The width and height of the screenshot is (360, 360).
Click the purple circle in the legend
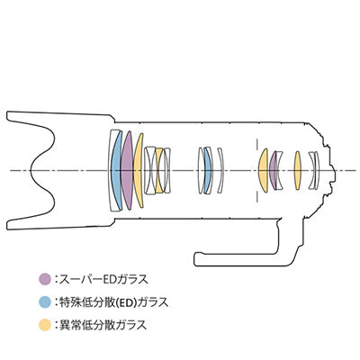pos(45,279)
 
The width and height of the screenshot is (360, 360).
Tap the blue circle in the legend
pos(45,301)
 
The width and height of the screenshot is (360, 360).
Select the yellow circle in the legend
pos(45,325)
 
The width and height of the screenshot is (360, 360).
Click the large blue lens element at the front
pos(116,170)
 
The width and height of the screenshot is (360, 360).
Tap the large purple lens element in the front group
pos(127,170)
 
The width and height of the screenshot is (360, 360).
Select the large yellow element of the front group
pos(139,170)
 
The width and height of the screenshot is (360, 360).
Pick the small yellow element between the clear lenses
pos(158,170)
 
